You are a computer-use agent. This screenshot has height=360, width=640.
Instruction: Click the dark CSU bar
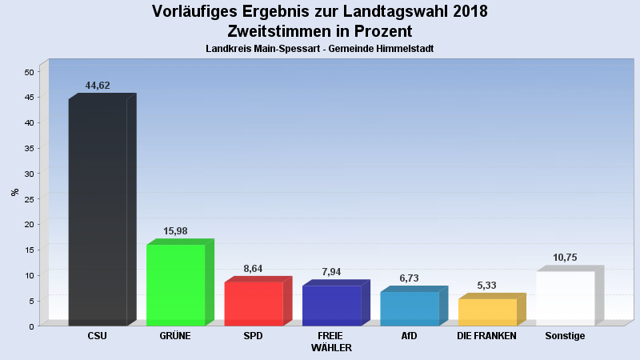point(98,212)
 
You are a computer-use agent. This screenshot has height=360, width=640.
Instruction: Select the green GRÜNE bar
point(176,285)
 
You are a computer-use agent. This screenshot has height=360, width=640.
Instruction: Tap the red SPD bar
point(254,304)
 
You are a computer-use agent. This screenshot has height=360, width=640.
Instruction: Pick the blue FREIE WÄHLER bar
point(331,306)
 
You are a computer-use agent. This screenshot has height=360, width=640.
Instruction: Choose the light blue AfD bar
point(410,309)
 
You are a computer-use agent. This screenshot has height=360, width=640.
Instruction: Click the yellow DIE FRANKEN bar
point(487,312)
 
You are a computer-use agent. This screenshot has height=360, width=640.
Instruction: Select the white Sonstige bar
point(566,298)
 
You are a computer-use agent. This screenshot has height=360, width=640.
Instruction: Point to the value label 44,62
point(98,86)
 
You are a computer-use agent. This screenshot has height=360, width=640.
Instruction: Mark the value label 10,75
point(565,258)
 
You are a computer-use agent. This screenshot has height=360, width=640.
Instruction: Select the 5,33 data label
point(487,286)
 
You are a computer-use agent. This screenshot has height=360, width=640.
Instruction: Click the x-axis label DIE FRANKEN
point(487,336)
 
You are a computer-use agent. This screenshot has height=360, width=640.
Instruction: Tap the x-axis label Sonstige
point(565,336)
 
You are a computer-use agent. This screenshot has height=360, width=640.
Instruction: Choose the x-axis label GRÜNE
point(175,336)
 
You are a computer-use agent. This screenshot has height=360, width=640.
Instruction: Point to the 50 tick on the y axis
point(29,72)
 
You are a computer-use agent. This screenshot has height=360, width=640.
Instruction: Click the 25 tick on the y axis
point(29,199)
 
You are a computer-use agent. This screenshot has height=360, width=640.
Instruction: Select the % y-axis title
point(14,192)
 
